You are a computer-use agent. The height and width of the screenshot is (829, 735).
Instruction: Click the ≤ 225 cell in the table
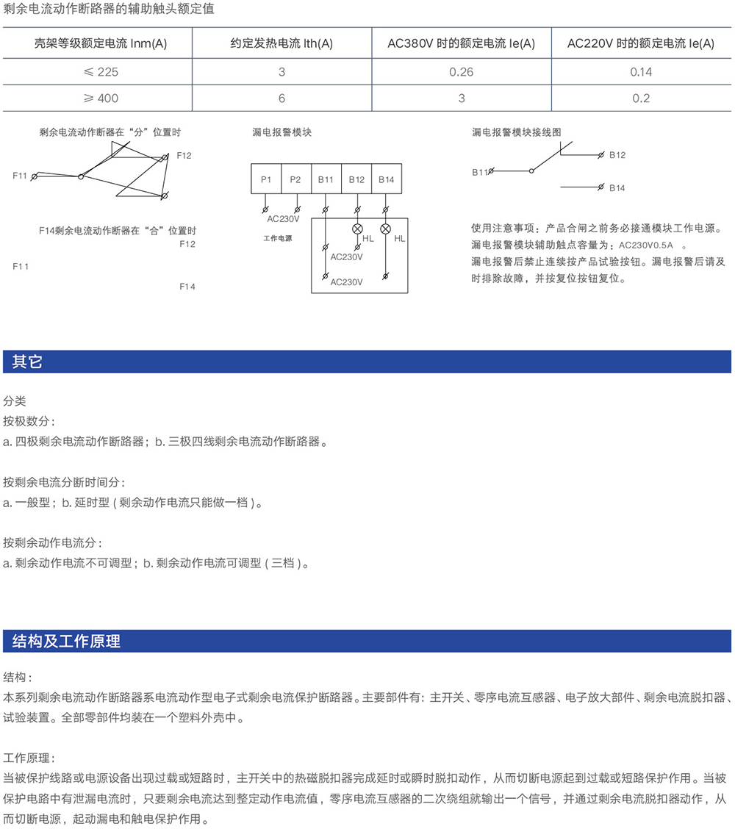(x=98, y=71)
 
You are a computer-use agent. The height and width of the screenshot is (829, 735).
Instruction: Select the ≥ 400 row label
(x=98, y=98)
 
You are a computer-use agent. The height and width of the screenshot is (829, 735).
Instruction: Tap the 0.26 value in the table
(x=461, y=71)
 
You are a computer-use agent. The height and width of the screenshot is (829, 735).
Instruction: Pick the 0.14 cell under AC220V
(x=641, y=71)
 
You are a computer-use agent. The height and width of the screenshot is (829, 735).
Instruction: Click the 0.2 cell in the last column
(x=641, y=98)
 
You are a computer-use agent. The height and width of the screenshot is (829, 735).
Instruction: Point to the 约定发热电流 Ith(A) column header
(x=282, y=43)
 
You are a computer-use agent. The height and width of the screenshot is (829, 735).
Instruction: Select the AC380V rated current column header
(x=461, y=43)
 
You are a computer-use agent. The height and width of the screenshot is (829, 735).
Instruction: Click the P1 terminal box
(x=266, y=179)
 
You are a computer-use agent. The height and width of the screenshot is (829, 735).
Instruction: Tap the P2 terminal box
(x=295, y=179)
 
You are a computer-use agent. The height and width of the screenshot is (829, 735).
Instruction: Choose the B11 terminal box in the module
(x=326, y=179)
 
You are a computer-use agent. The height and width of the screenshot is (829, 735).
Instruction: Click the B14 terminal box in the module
(x=386, y=179)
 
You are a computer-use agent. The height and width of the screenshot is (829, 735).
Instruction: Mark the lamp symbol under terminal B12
(x=358, y=228)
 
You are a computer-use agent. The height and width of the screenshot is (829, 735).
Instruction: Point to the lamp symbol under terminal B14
(x=385, y=228)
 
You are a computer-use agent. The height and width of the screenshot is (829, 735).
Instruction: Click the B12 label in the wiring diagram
(x=617, y=155)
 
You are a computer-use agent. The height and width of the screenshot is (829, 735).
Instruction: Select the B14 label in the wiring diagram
(x=617, y=188)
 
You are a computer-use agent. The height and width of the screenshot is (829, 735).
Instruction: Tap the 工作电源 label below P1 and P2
(x=277, y=238)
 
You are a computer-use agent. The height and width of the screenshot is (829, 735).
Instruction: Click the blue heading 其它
(x=27, y=362)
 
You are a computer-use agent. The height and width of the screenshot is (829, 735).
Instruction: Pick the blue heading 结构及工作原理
(x=66, y=641)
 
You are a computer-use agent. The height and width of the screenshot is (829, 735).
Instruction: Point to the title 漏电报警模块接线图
(x=516, y=132)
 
